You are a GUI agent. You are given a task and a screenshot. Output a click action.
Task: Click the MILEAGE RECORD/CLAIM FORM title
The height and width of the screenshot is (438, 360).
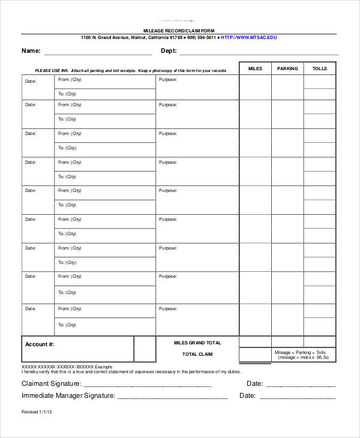pos(178,30)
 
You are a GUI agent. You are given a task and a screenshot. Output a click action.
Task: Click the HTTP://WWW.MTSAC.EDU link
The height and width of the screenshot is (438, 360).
pos(248,37)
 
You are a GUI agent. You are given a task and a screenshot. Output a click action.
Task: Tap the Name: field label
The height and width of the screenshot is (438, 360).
pos(31,51)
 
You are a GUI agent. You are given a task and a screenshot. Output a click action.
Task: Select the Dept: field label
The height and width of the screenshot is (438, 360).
pos(169,51)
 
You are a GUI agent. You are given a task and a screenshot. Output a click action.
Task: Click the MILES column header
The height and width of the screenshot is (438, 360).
pos(255,69)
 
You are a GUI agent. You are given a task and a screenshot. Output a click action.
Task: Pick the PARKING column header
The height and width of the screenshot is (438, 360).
pos(287,69)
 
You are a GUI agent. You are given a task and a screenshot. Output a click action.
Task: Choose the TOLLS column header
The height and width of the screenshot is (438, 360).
pos(320,69)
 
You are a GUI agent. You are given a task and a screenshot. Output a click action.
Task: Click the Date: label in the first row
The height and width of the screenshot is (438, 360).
pos(31,80)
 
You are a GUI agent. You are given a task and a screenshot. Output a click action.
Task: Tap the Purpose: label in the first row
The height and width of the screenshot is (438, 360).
pos(168,79)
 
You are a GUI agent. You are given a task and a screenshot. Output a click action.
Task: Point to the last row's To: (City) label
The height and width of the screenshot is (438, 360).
pos(67,325)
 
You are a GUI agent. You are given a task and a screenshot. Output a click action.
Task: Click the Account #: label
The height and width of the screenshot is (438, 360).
pos(40,344)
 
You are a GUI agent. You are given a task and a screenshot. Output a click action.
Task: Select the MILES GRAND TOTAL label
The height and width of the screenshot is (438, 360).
pos(197,343)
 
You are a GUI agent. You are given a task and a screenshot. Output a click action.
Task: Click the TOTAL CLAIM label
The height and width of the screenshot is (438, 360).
pos(197,354)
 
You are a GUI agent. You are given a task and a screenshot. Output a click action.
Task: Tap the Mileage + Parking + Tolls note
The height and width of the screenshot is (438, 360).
pos(304,355)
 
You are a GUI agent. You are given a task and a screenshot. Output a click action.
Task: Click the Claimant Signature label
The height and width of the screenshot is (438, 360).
pos(52,383)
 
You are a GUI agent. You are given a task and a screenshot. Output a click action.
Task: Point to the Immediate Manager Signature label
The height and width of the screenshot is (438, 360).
pos(68,395)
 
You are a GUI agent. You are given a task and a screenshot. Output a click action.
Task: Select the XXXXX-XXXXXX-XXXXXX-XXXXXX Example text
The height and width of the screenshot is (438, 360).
pos(67,366)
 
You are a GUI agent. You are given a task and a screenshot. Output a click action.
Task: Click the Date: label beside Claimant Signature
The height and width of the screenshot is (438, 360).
pos(254,383)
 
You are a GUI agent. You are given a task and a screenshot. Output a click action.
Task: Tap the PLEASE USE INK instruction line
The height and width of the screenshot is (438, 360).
pos(130,71)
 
